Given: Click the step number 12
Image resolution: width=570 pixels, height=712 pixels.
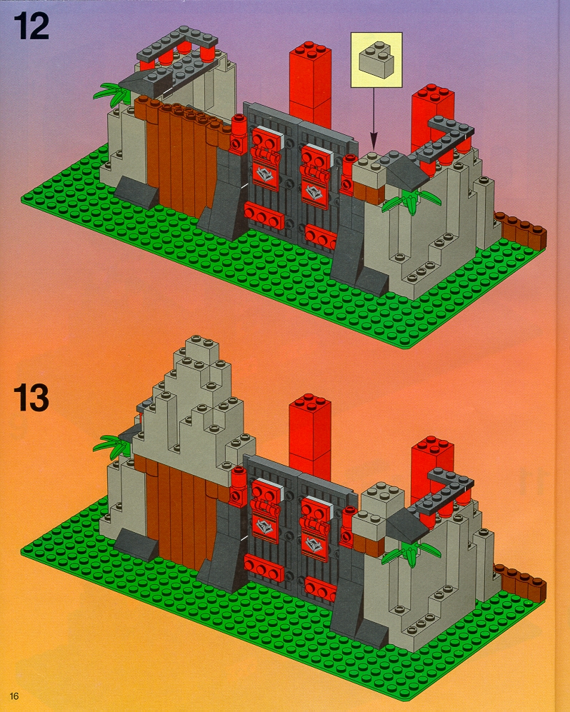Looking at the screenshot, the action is (32, 26).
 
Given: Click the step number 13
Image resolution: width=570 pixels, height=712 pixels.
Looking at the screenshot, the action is (31, 397).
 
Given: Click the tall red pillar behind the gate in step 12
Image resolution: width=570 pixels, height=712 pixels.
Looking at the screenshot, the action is (310, 84).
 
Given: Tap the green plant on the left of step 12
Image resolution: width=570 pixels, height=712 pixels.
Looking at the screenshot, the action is (111, 91).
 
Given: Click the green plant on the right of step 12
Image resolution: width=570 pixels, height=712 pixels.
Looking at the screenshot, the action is (411, 201).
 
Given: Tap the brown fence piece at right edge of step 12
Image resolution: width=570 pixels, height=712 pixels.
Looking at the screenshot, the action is (521, 230).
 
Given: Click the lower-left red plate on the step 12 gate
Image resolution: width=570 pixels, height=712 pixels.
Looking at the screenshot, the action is (264, 215).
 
